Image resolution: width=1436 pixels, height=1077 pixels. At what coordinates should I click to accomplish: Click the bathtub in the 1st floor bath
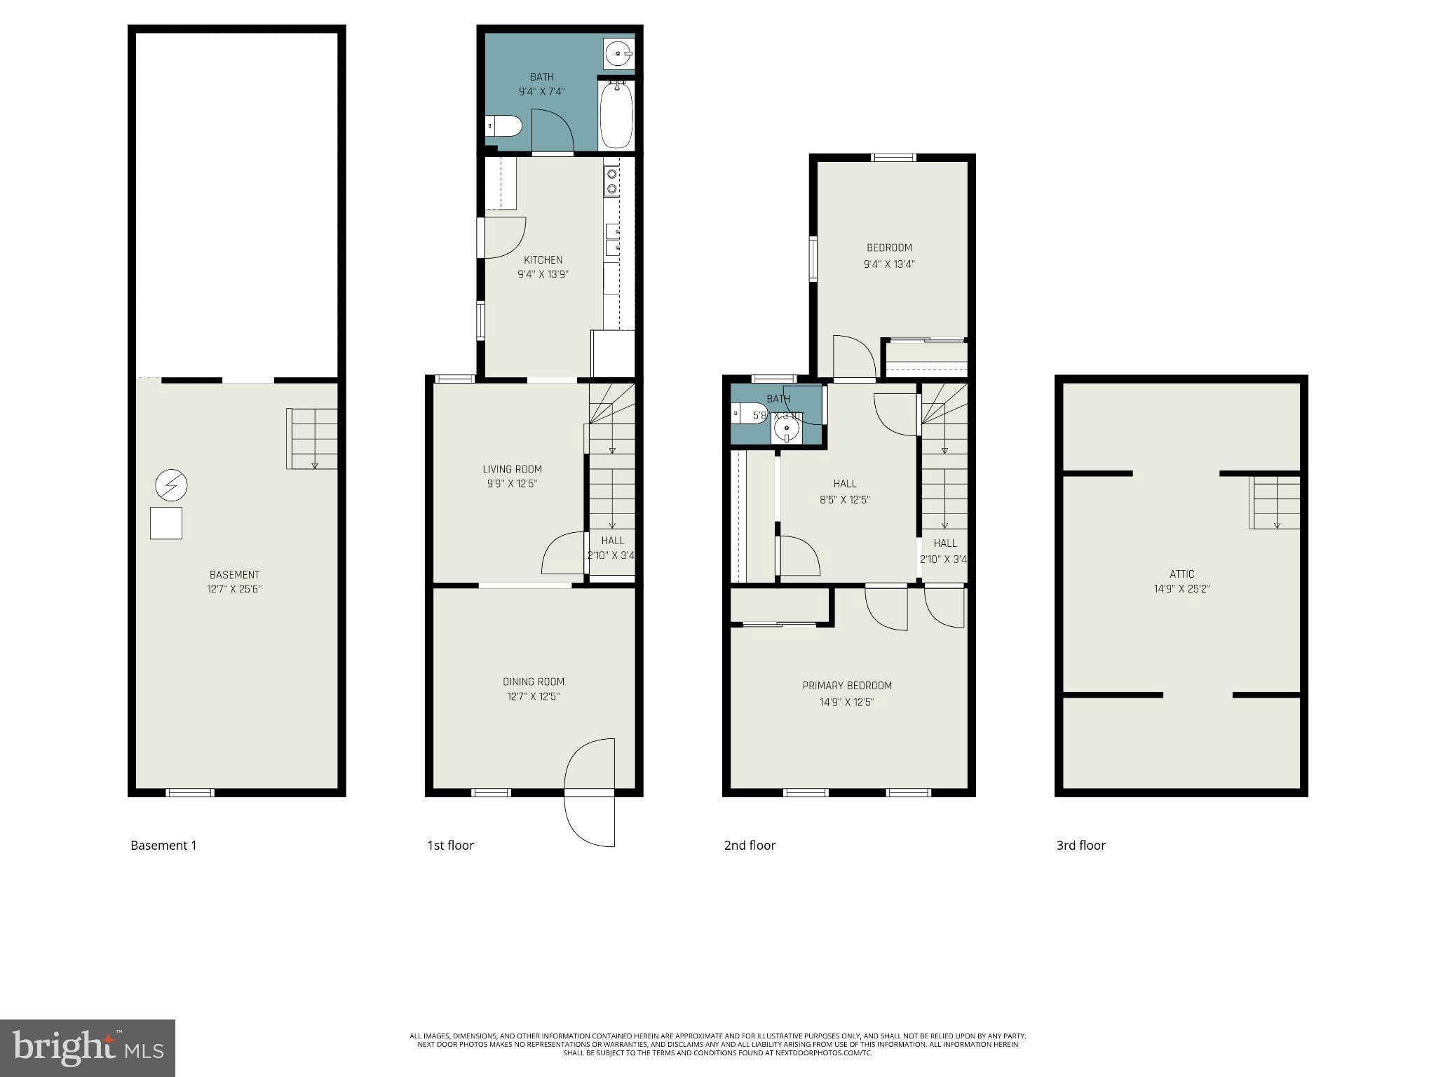[x=616, y=116]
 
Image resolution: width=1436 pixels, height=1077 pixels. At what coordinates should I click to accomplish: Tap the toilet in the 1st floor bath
[x=504, y=127]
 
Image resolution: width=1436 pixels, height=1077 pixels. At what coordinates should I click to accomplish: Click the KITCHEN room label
[x=543, y=260]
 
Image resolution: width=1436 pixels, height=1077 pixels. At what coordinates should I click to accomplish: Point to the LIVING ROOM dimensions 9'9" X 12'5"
[x=512, y=484]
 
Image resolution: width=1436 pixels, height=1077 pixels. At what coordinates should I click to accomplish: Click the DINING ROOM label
[x=533, y=682]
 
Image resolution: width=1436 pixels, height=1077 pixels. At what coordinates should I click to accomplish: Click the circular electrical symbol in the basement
[x=171, y=485]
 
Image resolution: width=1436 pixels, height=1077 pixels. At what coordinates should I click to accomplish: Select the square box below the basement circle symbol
[x=166, y=523]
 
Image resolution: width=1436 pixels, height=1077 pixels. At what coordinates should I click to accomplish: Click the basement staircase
[x=313, y=439]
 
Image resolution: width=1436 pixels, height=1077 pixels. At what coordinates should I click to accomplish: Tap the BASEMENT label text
[x=234, y=575]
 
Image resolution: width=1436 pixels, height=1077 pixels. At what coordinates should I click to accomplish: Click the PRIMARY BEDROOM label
[x=847, y=686]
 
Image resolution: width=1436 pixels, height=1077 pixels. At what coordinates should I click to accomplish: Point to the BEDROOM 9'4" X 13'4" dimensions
[x=889, y=264]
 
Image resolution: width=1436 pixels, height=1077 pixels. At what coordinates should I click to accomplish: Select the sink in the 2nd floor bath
[x=787, y=428]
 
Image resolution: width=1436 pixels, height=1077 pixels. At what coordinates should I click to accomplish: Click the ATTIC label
[x=1181, y=574]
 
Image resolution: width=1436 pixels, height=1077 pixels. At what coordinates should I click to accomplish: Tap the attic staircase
[x=1275, y=502]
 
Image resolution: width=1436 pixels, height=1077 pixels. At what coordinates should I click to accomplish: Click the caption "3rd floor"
[x=1081, y=846]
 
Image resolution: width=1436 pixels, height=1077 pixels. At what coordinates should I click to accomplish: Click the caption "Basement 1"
[x=163, y=846]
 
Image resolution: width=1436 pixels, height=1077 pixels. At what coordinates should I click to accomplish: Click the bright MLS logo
[x=88, y=1048]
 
